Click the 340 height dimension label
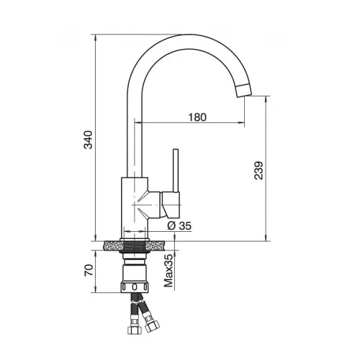point(88,140)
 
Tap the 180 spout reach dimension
point(197,117)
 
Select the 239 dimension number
point(258,171)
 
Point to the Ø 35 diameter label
point(179,225)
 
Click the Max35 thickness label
point(168,271)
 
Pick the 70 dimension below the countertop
point(89,270)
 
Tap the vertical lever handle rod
point(176,171)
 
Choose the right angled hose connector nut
point(152,327)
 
